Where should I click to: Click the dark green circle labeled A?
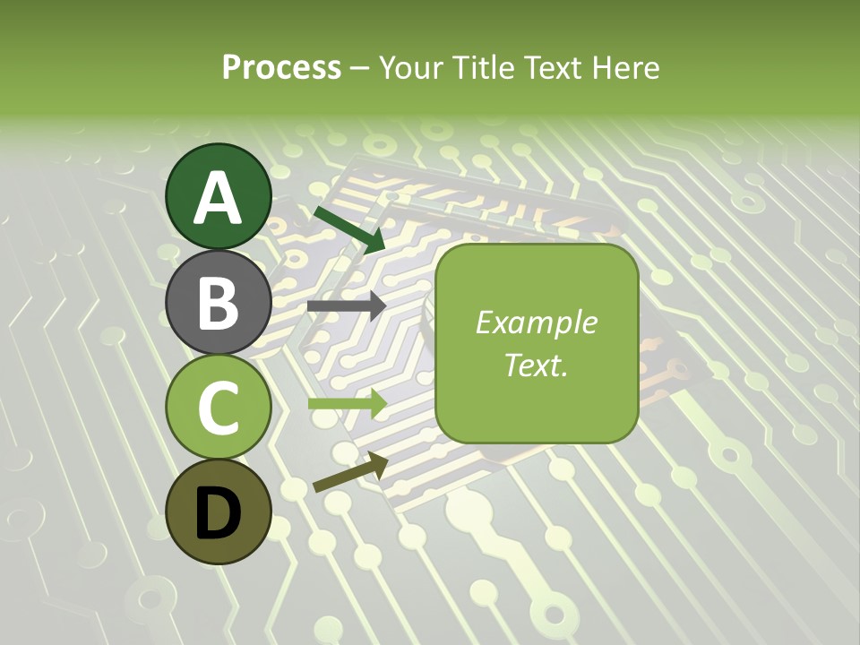[x=219, y=196]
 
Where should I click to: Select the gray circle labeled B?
[x=219, y=302]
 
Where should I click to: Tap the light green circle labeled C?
[x=219, y=407]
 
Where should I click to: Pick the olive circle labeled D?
[x=219, y=512]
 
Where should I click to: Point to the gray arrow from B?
[x=347, y=305]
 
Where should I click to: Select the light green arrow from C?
[x=347, y=403]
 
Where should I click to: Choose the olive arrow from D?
[x=350, y=472]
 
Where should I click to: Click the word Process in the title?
[x=281, y=67]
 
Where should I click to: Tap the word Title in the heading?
[x=482, y=67]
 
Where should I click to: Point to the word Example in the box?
[x=537, y=322]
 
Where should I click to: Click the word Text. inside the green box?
[x=537, y=365]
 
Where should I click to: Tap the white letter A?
[x=219, y=198]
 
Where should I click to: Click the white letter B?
[x=219, y=303]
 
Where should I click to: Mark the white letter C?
[x=219, y=408]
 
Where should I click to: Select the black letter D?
[x=219, y=512]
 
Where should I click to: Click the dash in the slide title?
[x=360, y=69]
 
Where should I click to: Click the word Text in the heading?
[x=552, y=67]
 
